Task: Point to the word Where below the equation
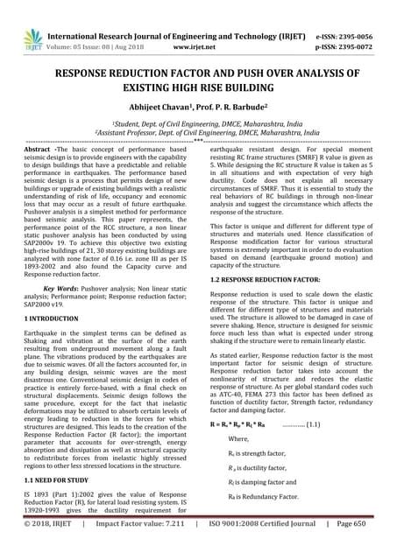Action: (238, 437)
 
